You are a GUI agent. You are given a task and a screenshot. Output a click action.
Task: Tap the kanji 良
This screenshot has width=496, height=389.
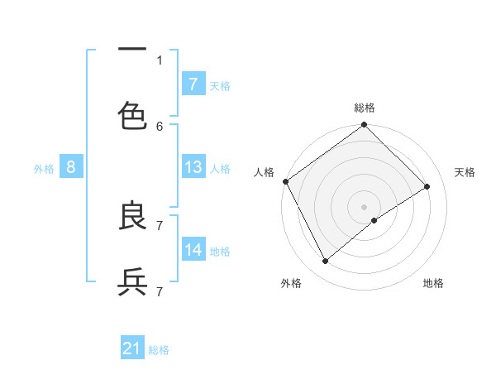(x=132, y=216)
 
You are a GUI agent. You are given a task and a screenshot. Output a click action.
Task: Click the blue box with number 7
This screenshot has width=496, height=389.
(x=193, y=84)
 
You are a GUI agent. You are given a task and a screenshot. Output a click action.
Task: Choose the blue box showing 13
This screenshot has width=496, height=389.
(x=193, y=167)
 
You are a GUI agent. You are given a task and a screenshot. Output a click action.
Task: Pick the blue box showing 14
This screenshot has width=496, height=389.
(x=193, y=250)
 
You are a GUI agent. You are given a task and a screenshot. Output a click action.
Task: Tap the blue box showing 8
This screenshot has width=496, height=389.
(x=71, y=167)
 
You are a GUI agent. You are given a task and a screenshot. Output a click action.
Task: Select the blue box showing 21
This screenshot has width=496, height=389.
(x=132, y=348)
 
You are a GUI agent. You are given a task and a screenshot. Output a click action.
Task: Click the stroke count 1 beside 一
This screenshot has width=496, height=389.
(x=160, y=60)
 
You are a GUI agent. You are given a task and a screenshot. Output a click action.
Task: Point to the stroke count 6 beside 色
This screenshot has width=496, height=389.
(x=160, y=126)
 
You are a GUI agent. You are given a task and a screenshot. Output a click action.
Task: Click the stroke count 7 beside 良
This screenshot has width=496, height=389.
(x=160, y=225)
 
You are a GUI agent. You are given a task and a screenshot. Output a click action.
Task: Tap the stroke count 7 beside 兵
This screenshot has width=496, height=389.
(x=160, y=291)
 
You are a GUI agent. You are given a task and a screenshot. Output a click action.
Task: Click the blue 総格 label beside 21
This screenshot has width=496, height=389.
(x=159, y=350)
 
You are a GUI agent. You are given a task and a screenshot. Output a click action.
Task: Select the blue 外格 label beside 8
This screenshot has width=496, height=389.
(x=44, y=168)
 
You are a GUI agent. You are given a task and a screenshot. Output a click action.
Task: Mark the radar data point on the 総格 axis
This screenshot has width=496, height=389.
(x=364, y=126)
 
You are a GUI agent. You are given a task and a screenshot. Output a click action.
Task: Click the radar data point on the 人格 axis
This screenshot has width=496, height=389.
(x=285, y=181)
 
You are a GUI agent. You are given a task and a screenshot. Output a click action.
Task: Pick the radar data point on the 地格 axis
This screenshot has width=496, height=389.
(x=374, y=220)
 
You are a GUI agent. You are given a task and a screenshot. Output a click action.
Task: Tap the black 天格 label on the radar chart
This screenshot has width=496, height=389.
(x=465, y=172)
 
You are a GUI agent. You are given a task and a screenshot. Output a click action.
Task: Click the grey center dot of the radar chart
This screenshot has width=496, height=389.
(x=364, y=206)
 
